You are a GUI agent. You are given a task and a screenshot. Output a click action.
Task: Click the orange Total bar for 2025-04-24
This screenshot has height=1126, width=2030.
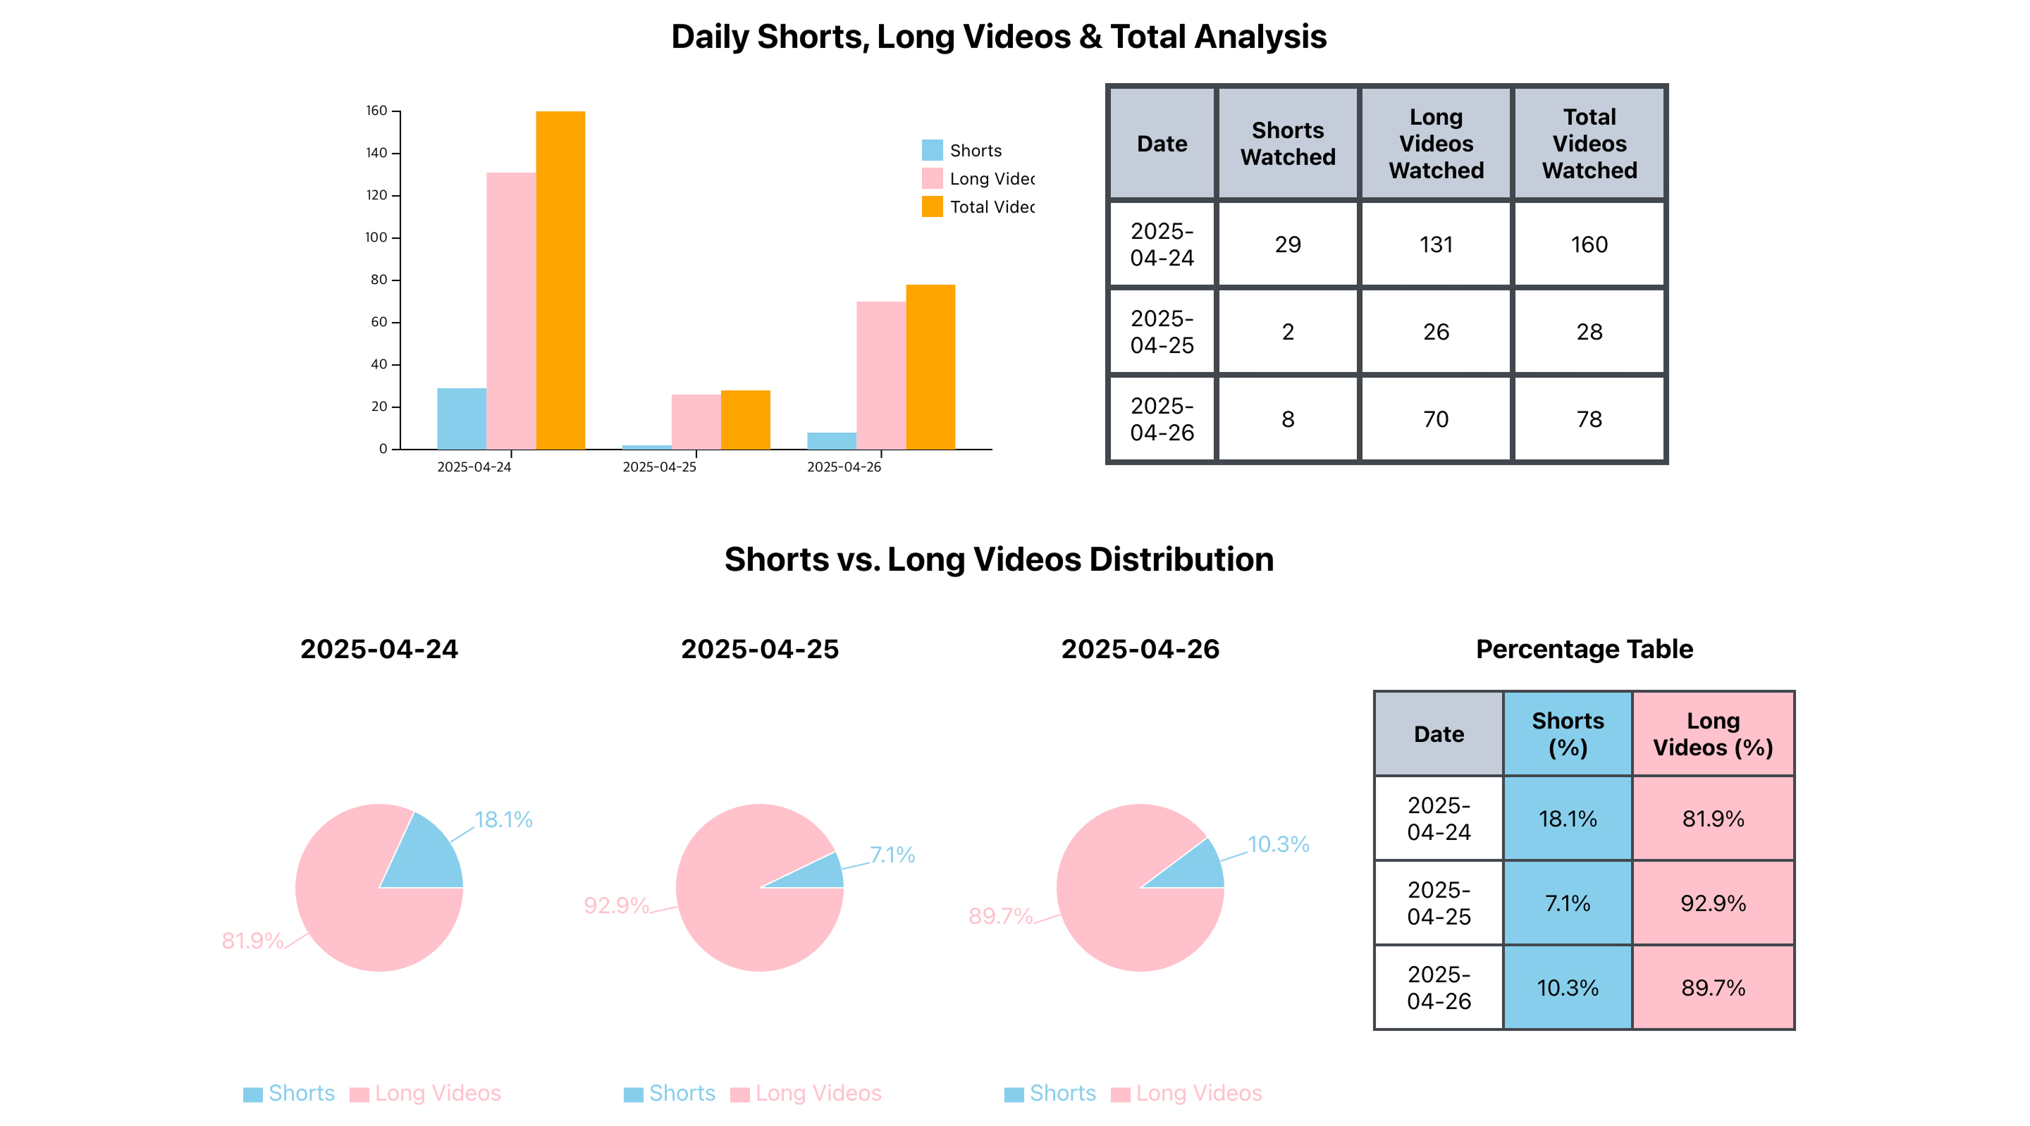point(560,280)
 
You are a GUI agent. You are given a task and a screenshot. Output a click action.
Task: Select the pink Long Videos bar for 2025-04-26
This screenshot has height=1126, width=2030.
point(880,375)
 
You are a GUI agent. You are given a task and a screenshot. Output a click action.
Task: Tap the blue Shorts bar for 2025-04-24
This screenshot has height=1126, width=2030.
point(461,419)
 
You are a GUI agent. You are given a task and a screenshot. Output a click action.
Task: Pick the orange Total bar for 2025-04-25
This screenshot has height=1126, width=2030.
point(745,419)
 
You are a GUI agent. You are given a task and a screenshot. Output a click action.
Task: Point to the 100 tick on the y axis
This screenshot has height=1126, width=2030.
point(376,237)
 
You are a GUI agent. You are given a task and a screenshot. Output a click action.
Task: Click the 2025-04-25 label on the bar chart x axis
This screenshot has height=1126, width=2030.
point(660,467)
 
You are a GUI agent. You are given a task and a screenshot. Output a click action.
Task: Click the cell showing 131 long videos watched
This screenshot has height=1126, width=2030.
point(1436,245)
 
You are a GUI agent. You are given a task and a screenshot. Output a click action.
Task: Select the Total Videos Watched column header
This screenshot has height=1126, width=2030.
point(1589,144)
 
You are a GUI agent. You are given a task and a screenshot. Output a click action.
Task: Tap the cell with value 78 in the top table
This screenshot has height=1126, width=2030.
point(1589,419)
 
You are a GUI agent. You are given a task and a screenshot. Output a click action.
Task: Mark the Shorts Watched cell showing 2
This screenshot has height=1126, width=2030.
point(1288,332)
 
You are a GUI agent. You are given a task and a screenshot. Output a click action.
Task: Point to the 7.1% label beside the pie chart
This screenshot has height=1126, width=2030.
point(892,855)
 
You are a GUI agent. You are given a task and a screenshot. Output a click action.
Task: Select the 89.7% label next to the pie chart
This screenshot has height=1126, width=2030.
point(1000,915)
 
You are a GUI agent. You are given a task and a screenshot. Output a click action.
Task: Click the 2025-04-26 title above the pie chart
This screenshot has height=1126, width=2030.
point(1140,649)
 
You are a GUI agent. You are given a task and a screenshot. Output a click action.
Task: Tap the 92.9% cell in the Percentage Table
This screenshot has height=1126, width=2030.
point(1712,903)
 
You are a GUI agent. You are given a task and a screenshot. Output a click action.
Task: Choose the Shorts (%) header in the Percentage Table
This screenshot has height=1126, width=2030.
point(1568,734)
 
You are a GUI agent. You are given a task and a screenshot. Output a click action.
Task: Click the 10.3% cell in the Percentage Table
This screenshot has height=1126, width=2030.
point(1568,987)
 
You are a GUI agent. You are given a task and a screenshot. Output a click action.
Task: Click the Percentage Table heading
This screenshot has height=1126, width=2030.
point(1584,649)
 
